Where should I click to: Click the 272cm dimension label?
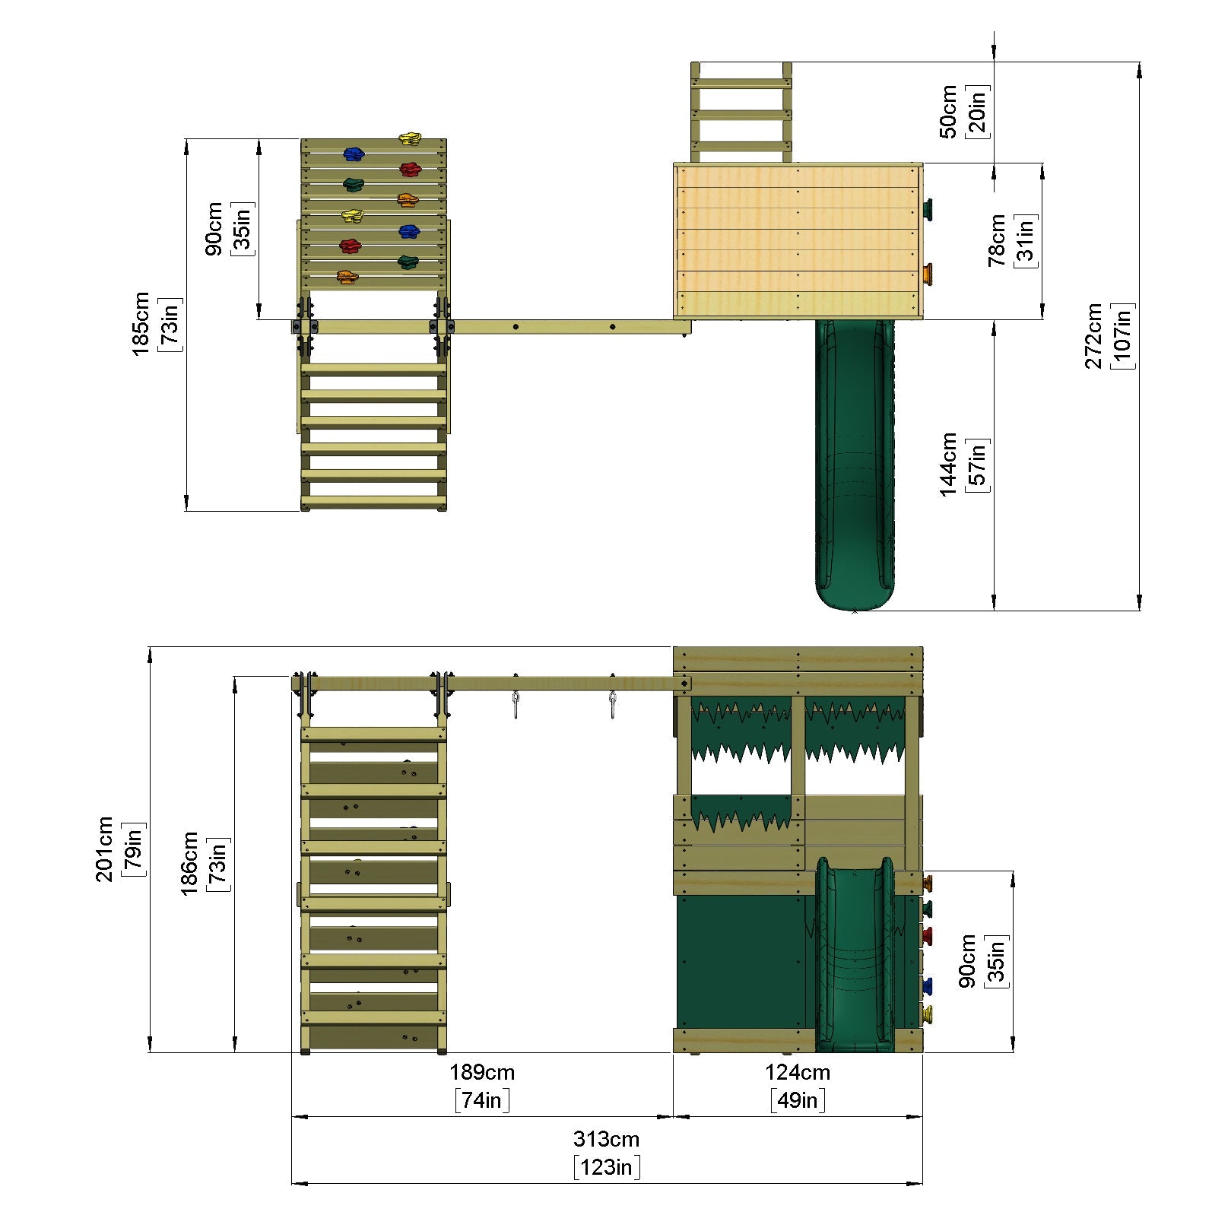tap(1093, 336)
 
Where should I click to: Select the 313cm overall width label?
tap(606, 1139)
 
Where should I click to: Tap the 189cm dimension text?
tap(482, 1072)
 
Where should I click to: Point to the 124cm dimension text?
tap(798, 1072)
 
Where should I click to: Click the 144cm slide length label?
tap(948, 464)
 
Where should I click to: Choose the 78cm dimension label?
tap(996, 240)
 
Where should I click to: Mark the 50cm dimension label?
tap(948, 112)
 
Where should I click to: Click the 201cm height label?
tap(104, 849)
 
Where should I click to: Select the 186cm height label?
tap(189, 863)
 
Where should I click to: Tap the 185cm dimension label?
tap(141, 324)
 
